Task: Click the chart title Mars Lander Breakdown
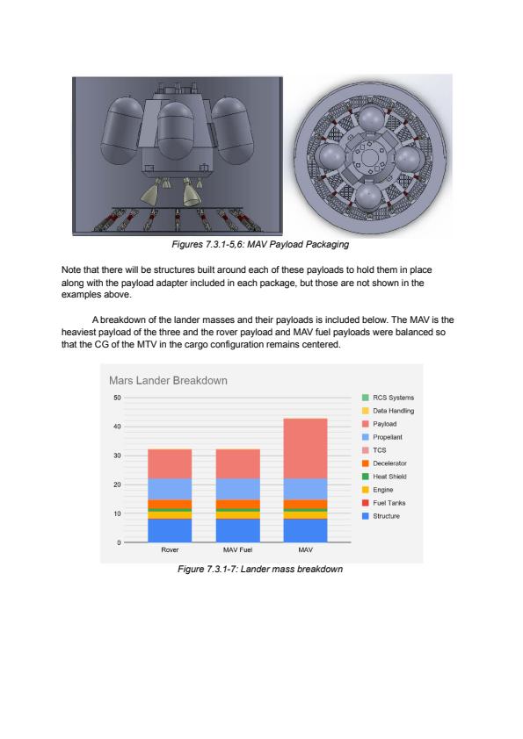pyautogui.click(x=168, y=380)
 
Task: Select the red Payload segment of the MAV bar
pyautogui.click(x=305, y=448)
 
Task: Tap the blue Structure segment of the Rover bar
pyautogui.click(x=170, y=530)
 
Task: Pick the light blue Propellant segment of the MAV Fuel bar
pyautogui.click(x=238, y=489)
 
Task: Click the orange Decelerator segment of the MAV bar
pyautogui.click(x=305, y=505)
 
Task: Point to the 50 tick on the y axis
pyautogui.click(x=117, y=398)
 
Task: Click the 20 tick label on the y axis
pyautogui.click(x=117, y=484)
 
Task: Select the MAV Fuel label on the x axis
pyautogui.click(x=238, y=549)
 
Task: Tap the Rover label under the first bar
pyautogui.click(x=170, y=549)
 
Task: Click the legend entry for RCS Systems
pyautogui.click(x=388, y=398)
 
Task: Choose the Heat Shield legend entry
pyautogui.click(x=384, y=477)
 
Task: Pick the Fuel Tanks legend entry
pyautogui.click(x=384, y=503)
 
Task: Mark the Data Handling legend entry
pyautogui.click(x=388, y=411)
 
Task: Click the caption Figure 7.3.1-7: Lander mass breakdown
pyautogui.click(x=260, y=569)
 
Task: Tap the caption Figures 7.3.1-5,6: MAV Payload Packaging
pyautogui.click(x=260, y=244)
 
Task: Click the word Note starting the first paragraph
pyautogui.click(x=71, y=270)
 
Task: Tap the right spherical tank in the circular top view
pyautogui.click(x=408, y=158)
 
